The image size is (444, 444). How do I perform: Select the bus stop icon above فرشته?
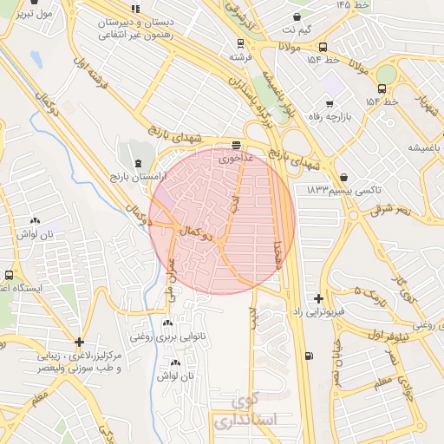click(x=239, y=42)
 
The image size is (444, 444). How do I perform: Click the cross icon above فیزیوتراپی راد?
click(x=319, y=297)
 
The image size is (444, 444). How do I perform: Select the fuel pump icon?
click(x=309, y=356)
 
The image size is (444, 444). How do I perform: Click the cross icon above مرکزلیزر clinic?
click(x=80, y=343)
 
